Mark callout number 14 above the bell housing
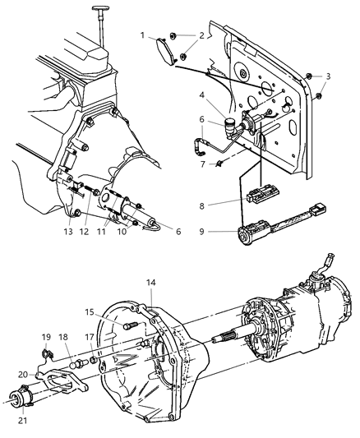click(150, 283)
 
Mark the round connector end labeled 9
click(244, 236)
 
